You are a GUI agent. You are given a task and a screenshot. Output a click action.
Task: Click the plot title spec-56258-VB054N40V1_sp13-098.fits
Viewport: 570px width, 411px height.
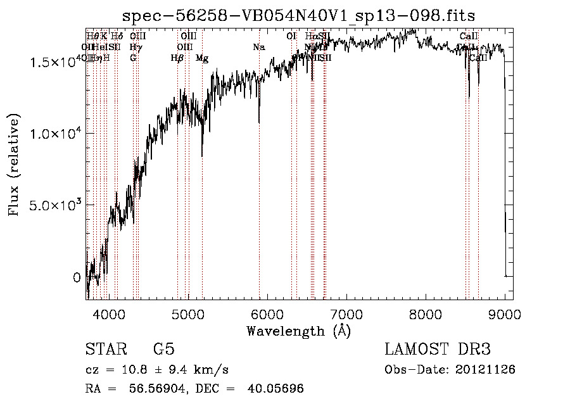[299, 15]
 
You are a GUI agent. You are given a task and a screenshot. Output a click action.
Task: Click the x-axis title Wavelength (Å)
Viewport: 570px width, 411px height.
[298, 331]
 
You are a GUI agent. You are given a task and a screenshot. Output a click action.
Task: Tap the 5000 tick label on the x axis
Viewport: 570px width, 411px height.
[188, 314]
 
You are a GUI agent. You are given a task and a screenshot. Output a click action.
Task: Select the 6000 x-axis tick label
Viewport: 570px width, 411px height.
[267, 314]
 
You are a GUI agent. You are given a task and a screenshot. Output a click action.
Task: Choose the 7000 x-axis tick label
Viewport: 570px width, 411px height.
[346, 314]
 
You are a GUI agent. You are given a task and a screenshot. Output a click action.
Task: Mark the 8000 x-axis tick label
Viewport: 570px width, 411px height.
[426, 314]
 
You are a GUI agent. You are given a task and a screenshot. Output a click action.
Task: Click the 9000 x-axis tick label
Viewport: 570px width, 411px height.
[505, 314]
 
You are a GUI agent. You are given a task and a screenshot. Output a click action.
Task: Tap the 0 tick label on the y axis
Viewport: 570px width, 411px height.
[77, 277]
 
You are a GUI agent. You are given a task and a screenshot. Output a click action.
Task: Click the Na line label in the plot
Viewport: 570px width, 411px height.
[258, 47]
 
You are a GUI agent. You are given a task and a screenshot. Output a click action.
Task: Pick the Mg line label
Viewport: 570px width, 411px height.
[202, 58]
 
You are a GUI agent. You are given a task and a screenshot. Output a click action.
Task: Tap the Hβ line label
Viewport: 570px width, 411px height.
[177, 58]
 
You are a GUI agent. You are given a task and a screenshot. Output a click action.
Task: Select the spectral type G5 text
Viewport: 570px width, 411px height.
[163, 350]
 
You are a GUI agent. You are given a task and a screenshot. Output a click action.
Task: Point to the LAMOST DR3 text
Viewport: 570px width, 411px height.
[437, 350]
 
